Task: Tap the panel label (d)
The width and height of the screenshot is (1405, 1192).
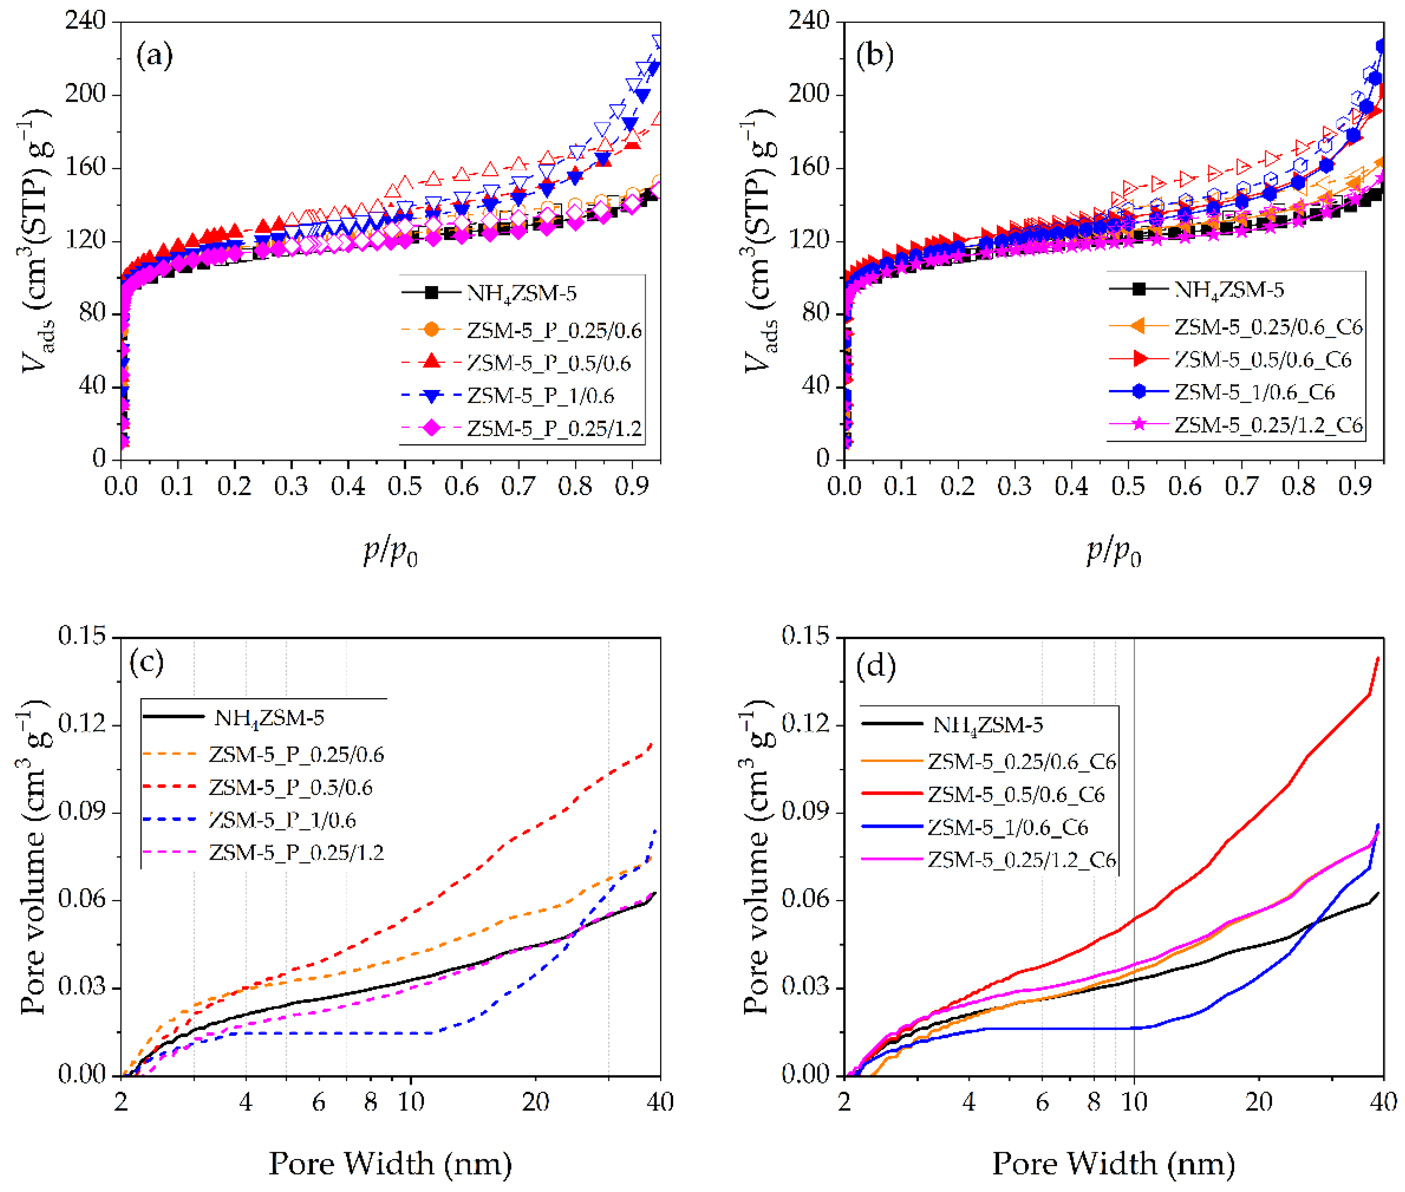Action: [x=876, y=667]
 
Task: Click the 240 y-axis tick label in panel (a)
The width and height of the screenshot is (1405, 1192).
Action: [x=85, y=21]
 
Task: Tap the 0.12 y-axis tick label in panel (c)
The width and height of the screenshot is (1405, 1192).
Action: [x=82, y=724]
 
